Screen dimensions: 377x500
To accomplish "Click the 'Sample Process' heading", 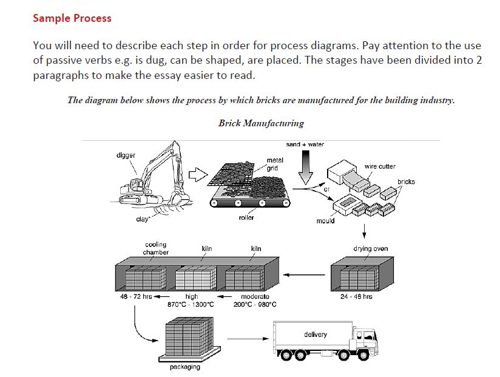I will point(72,18).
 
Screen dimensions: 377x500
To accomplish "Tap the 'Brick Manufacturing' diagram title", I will point(261,123).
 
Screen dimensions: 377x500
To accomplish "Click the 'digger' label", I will point(126,156).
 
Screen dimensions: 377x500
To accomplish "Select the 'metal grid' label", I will point(274,164).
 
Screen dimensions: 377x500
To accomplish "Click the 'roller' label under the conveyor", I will point(246,217).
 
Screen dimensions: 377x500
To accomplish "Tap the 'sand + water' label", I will point(305,144).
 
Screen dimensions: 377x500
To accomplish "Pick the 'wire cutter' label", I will point(380,166).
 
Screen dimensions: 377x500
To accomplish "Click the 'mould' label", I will point(325,220).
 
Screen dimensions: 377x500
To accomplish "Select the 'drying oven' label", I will point(370,248).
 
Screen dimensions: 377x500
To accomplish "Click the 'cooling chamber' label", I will point(156,248).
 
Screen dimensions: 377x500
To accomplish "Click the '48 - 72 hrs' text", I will point(135,297).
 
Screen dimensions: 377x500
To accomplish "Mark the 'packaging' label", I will point(184,367).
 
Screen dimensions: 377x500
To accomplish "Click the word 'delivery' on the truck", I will point(316,335).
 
